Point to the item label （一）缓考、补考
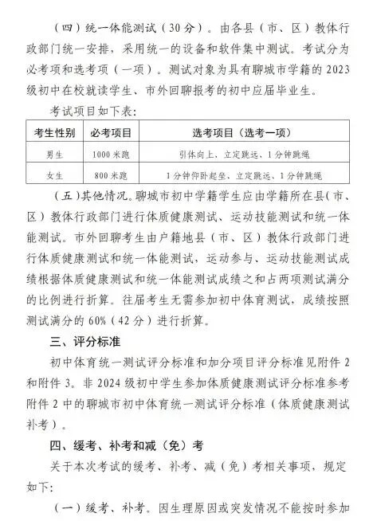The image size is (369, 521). coord(104,507)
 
